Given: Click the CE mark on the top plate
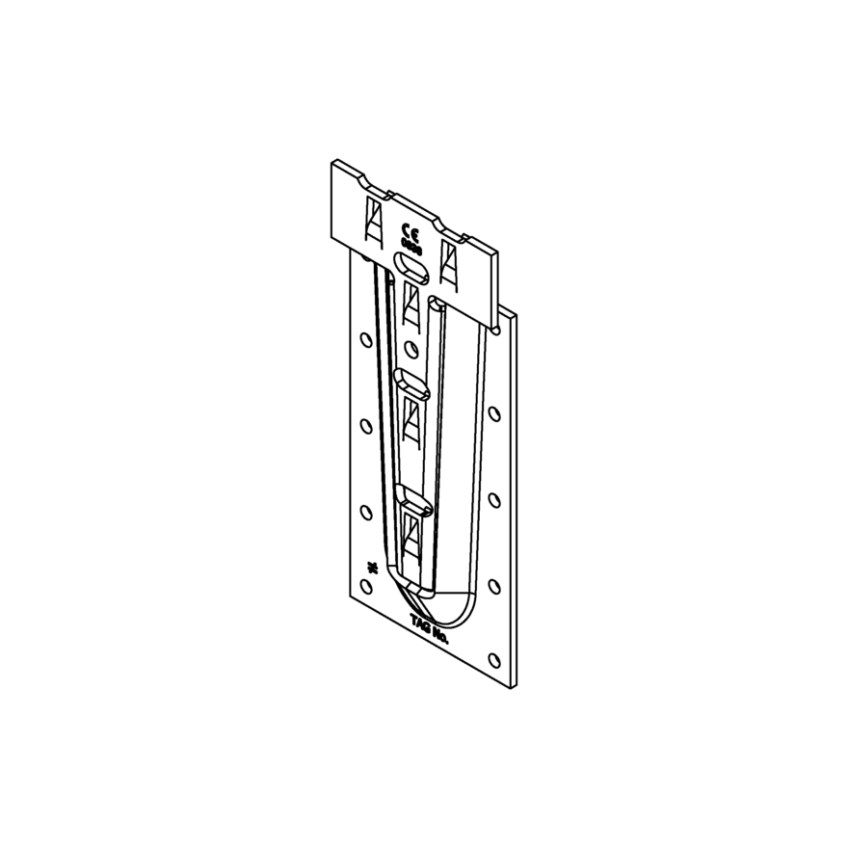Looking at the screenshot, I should click(409, 232).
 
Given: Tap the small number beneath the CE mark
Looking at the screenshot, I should click(411, 247).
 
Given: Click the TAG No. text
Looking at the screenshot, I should click(430, 627).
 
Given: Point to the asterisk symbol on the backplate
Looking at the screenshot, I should click(368, 567).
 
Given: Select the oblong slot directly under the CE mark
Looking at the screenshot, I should click(410, 266).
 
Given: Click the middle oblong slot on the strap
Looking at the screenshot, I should click(413, 383).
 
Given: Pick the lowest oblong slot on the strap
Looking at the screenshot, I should click(414, 499).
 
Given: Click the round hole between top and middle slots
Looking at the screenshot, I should click(412, 347).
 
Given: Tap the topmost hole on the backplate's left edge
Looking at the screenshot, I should click(365, 339).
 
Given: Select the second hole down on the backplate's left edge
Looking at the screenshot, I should click(366, 424).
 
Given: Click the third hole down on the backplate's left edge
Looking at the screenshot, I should click(367, 511).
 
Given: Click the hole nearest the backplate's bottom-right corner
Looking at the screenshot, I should click(494, 660).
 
